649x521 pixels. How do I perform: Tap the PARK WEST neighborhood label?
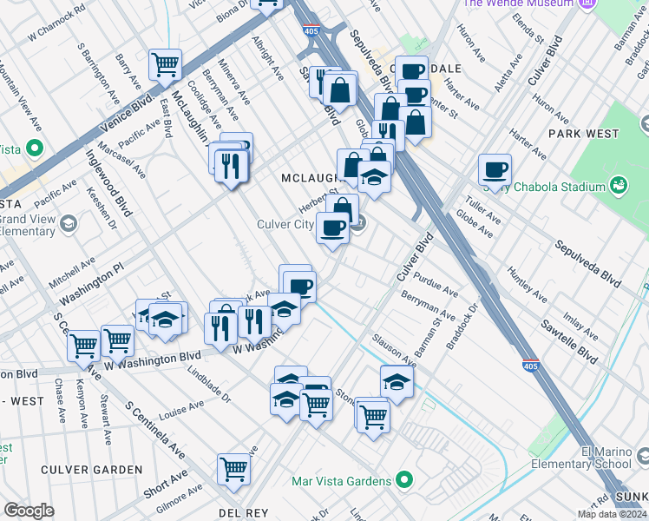pos(583,134)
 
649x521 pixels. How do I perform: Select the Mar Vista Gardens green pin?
pos(403,478)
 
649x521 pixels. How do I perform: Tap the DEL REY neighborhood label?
pos(243,513)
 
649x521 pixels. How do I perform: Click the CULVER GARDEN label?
pos(93,470)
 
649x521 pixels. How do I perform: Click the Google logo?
pos(29,511)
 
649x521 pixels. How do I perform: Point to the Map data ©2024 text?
pos(612,514)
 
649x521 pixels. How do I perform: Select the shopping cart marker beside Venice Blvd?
pos(165,63)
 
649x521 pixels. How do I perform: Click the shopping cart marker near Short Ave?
pos(234,468)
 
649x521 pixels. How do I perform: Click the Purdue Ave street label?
pos(436,282)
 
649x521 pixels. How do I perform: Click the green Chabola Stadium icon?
pos(618,185)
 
